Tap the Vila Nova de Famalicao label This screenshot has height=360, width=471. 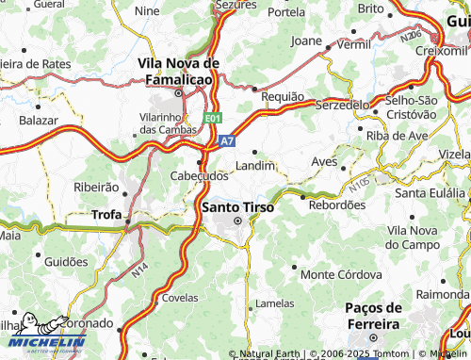click(x=178, y=71)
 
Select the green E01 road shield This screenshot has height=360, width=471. click(x=214, y=119)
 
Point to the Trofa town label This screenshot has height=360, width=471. click(x=106, y=215)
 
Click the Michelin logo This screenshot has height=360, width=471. click(x=43, y=344)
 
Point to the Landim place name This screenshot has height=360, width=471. click(x=255, y=165)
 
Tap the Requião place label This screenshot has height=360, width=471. click(x=282, y=97)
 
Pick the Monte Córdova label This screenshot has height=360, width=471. click(x=334, y=274)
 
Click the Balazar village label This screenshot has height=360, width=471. click(x=39, y=121)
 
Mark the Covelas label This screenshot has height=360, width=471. click(x=179, y=296)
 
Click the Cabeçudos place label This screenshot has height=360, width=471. click(x=199, y=175)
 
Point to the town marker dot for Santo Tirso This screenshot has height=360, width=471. click(x=237, y=221)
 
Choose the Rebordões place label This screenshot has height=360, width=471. click(x=336, y=205)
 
